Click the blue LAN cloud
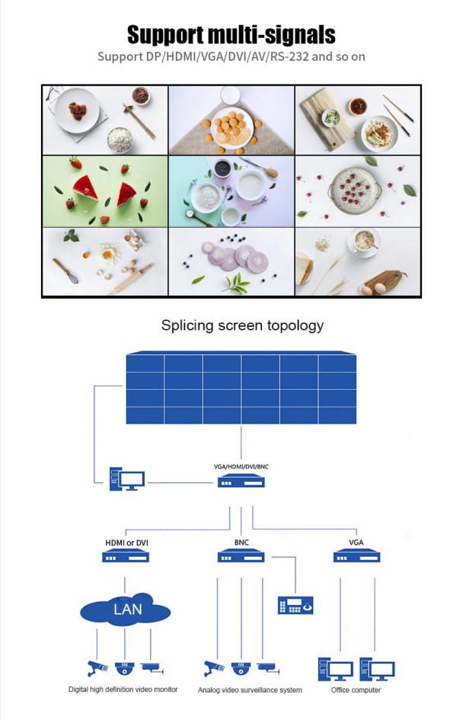click(125, 610)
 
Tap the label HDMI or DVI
click(126, 542)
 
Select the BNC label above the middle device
click(241, 542)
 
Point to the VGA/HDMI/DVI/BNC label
click(241, 466)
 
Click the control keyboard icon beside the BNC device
click(295, 605)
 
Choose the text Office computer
click(356, 690)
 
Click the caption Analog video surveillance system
click(250, 690)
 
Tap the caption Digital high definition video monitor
click(123, 690)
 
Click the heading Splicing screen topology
click(242, 325)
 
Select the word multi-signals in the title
click(272, 35)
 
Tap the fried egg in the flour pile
click(108, 254)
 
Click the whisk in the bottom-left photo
click(65, 271)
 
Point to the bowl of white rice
click(120, 139)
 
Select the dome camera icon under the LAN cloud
click(124, 668)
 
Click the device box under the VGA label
click(356, 557)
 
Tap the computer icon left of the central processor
click(127, 479)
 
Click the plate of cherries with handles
click(355, 187)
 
